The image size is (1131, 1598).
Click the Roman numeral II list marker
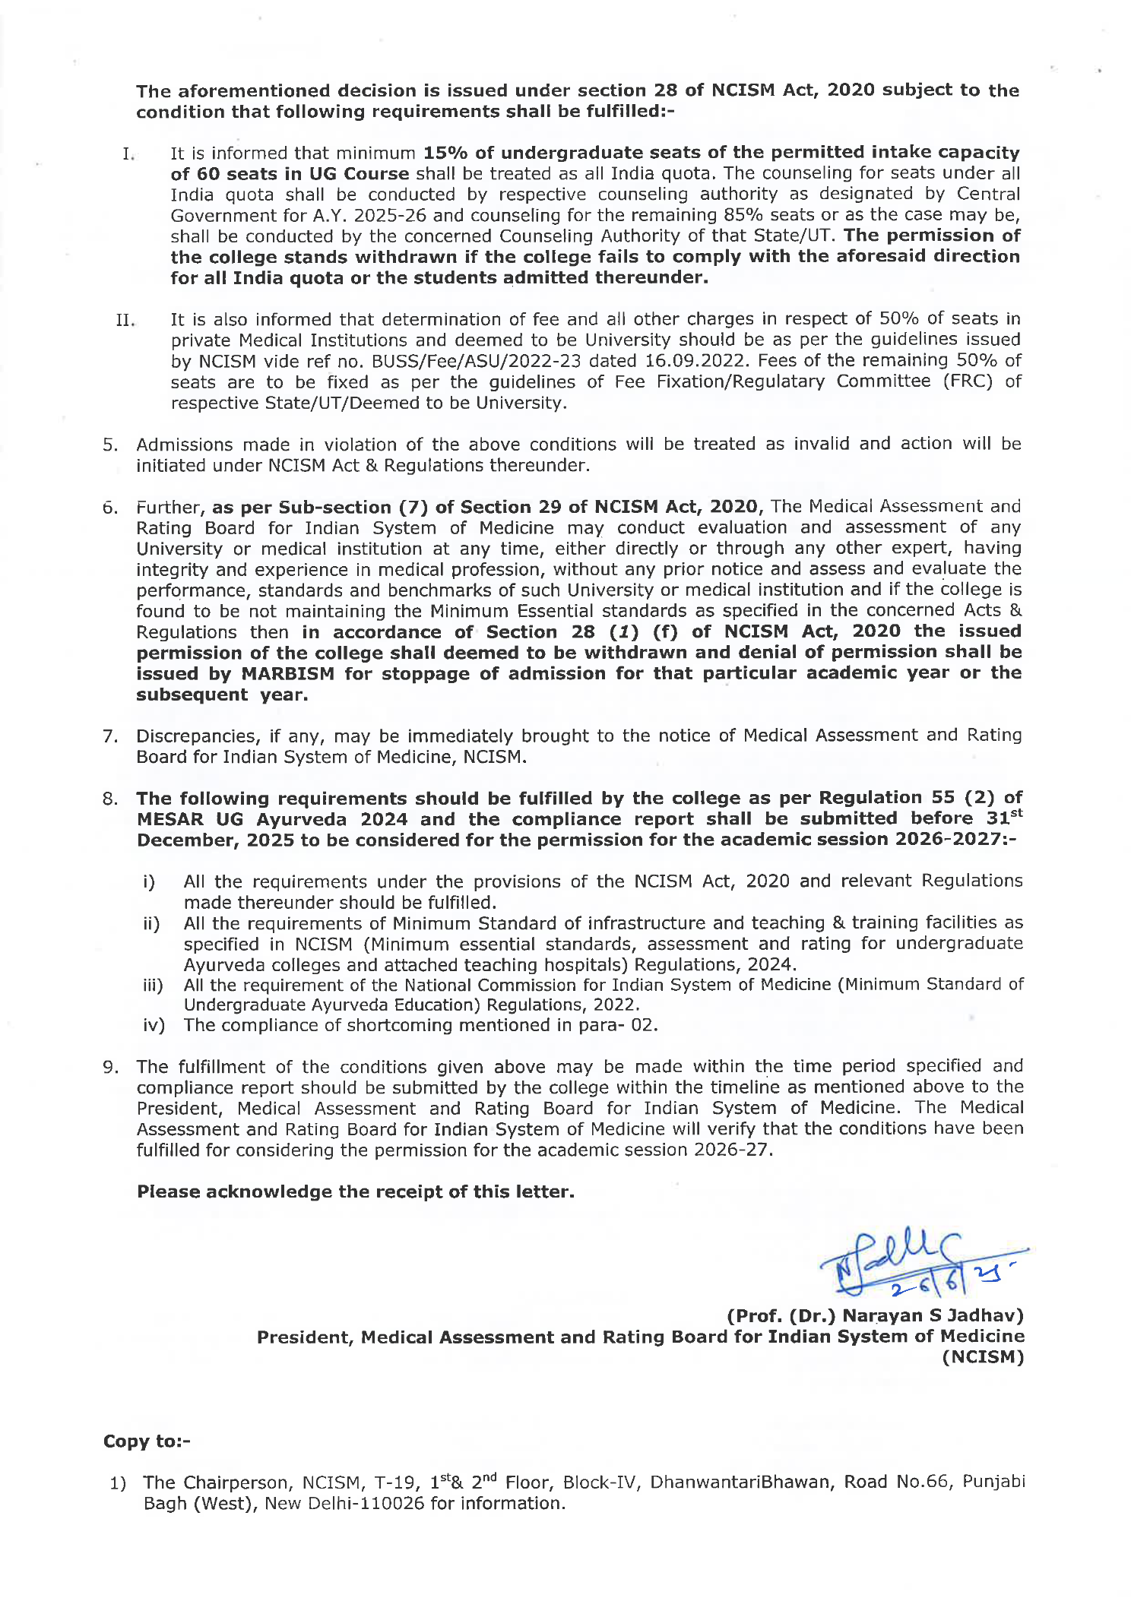125,320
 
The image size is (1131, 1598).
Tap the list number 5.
110,445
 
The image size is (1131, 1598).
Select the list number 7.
110,737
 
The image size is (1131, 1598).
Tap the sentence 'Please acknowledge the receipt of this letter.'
355,1191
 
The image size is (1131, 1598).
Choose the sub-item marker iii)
154,986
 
